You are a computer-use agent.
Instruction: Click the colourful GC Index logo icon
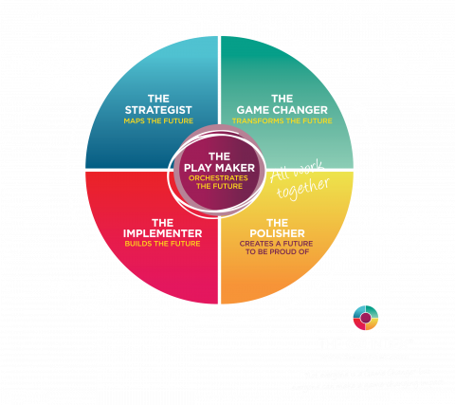pyautogui.click(x=365, y=318)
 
